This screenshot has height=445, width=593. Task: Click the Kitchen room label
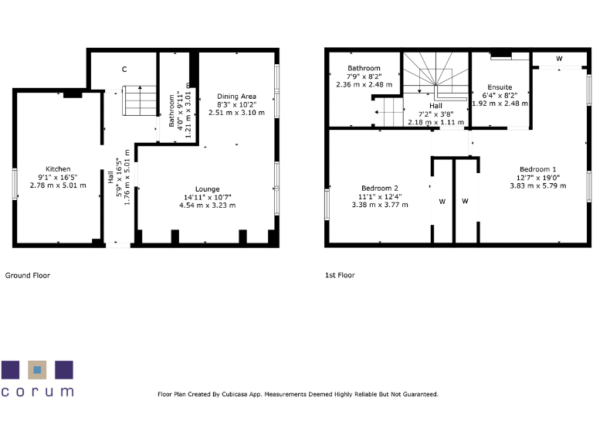[x=58, y=169]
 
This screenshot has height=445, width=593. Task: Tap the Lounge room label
[x=207, y=189]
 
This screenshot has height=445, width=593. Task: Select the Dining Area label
[x=236, y=96]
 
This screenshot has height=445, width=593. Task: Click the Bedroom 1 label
[x=537, y=169]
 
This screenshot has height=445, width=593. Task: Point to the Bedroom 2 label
[x=379, y=189]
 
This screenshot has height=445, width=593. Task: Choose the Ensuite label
[x=500, y=87]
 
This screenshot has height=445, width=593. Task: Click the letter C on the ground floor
[x=124, y=70]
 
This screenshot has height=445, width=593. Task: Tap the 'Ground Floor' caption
[x=28, y=275]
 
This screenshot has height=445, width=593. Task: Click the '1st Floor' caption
[x=340, y=275]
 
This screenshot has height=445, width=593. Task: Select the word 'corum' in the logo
[x=37, y=392]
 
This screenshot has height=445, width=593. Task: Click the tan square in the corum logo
[x=37, y=369]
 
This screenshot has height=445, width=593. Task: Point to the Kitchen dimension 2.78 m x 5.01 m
[x=58, y=185]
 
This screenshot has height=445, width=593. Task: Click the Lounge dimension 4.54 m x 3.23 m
[x=207, y=206]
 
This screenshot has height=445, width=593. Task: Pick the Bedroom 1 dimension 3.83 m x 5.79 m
[x=537, y=185]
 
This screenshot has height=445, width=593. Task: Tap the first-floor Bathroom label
[x=364, y=68]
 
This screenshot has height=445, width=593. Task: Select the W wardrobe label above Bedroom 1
[x=558, y=59]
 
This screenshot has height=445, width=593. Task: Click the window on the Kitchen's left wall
[x=14, y=185]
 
